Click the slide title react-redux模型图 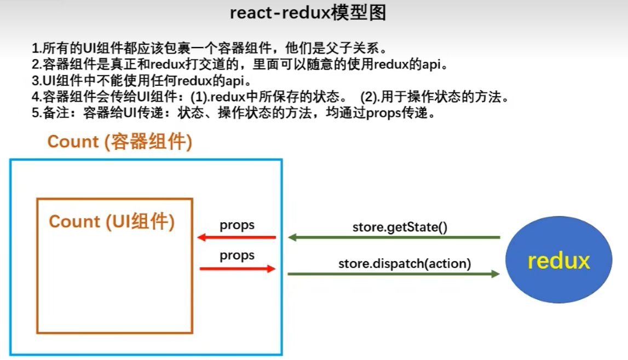pyautogui.click(x=308, y=13)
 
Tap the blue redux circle pyautogui.click(x=558, y=261)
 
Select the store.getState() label pyautogui.click(x=400, y=227)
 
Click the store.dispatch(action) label pyautogui.click(x=405, y=263)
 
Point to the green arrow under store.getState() pyautogui.click(x=394, y=237)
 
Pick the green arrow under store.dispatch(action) pyautogui.click(x=394, y=274)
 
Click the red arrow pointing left pyautogui.click(x=237, y=237)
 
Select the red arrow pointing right pyautogui.click(x=237, y=269)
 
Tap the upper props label pyautogui.click(x=237, y=225)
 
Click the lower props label pyautogui.click(x=237, y=256)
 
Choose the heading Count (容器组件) pyautogui.click(x=119, y=142)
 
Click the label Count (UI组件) pyautogui.click(x=112, y=222)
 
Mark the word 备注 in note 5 pyautogui.click(x=60, y=115)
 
